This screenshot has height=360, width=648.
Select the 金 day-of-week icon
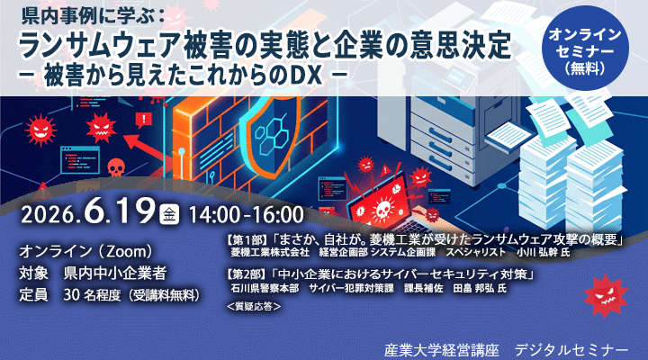tap(169, 214)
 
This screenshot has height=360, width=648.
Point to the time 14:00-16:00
tap(247, 214)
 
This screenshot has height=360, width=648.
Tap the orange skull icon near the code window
tap(116, 167)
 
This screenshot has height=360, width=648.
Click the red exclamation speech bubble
tap(143, 120)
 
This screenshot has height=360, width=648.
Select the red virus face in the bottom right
tap(606, 296)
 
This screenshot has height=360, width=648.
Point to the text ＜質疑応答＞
tap(254, 306)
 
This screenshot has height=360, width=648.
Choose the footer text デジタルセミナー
tap(571, 350)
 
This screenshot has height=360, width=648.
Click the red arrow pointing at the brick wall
tap(146, 148)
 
